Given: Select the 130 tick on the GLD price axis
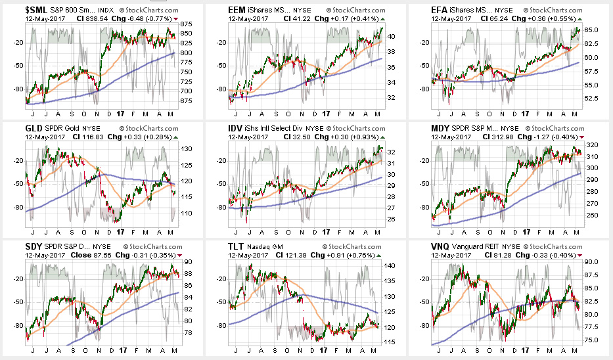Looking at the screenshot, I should pyautogui.click(x=184, y=149).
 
